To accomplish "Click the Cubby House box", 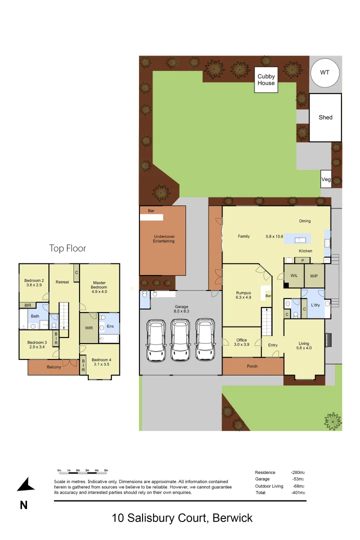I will tap(266, 80).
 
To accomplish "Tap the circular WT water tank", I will tap(325, 73).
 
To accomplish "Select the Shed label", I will tap(325, 117).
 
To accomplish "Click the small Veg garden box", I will tap(326, 179).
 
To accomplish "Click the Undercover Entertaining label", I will tap(164, 238).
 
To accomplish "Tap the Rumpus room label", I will tap(243, 295).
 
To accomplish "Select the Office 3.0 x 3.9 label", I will tap(241, 342).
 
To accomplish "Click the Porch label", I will tap(252, 366).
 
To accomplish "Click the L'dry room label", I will tap(315, 305).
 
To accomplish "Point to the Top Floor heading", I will tap(67, 248).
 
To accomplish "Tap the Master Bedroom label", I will tap(99, 285).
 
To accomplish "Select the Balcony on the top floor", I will tap(53, 367).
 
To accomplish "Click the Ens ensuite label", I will tap(110, 326).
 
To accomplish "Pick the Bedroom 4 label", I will tap(101, 362).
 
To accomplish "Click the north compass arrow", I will tap(26, 485).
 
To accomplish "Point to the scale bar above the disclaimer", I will tap(82, 471).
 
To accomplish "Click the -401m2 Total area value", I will tap(298, 493).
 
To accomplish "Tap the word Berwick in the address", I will tap(232, 518).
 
